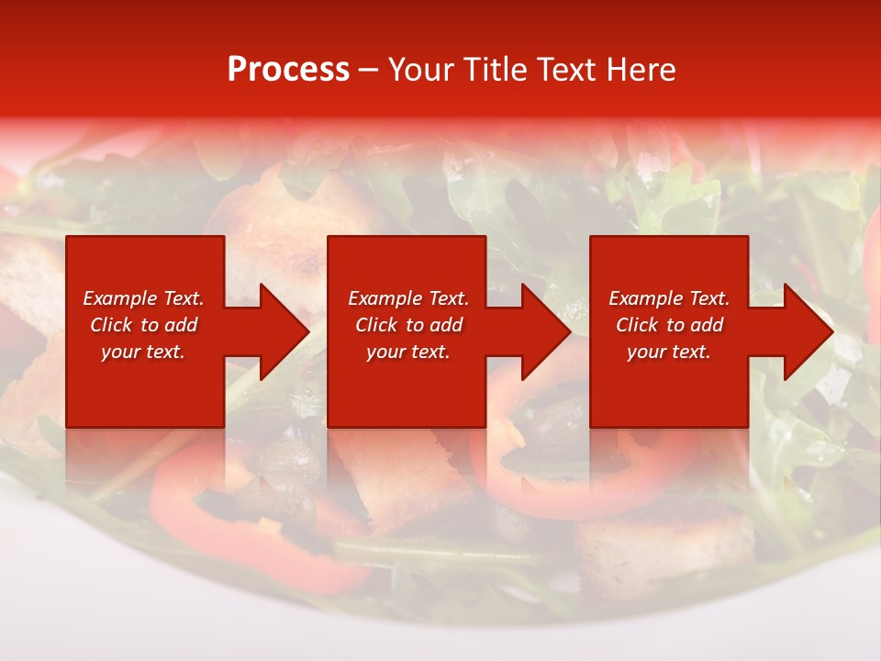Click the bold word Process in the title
click(288, 70)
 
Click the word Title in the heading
click(496, 70)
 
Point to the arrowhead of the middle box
click(545, 331)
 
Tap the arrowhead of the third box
click(808, 331)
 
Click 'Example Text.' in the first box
click(143, 298)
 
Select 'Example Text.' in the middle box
click(408, 298)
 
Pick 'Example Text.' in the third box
click(669, 298)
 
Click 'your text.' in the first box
click(143, 352)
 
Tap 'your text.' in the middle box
click(408, 352)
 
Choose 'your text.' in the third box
click(669, 352)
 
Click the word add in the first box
click(180, 325)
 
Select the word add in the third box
click(706, 325)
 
